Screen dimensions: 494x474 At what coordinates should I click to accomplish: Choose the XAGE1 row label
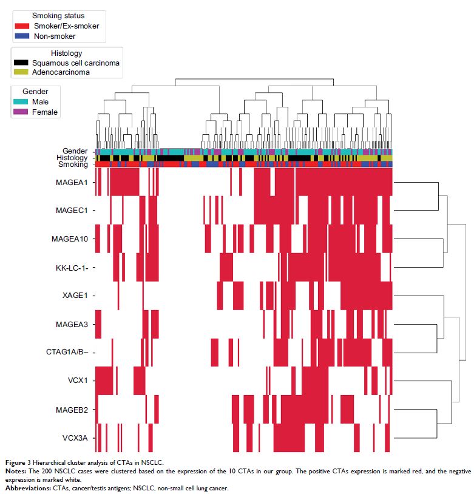[76, 296]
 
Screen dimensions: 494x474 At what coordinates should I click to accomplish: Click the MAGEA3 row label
[73, 324]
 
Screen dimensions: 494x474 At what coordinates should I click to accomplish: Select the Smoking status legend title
[58, 16]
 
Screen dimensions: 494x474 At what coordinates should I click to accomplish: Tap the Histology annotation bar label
[73, 158]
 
